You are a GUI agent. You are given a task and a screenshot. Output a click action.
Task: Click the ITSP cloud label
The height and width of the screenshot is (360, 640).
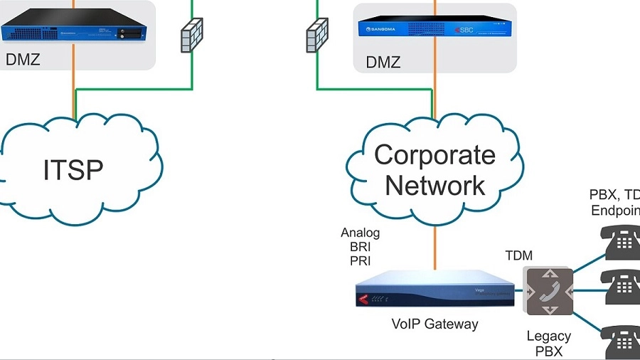(x=73, y=169)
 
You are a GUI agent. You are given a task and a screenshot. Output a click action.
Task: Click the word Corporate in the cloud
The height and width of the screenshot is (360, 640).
(x=434, y=155)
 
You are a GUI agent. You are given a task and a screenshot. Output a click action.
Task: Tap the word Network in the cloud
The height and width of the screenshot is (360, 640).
(x=434, y=186)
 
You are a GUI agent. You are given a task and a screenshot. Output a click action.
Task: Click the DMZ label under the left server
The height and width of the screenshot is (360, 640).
(x=23, y=59)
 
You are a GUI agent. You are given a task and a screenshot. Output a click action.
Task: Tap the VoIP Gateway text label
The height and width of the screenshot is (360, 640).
(x=434, y=324)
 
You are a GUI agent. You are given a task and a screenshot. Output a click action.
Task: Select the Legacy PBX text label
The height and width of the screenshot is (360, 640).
(x=548, y=344)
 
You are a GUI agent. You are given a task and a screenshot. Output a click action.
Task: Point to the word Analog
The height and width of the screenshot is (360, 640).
(x=361, y=233)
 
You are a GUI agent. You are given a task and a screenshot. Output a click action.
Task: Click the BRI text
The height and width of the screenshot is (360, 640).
(x=361, y=247)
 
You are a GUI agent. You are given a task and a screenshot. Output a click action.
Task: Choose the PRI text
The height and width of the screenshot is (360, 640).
(x=361, y=261)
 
